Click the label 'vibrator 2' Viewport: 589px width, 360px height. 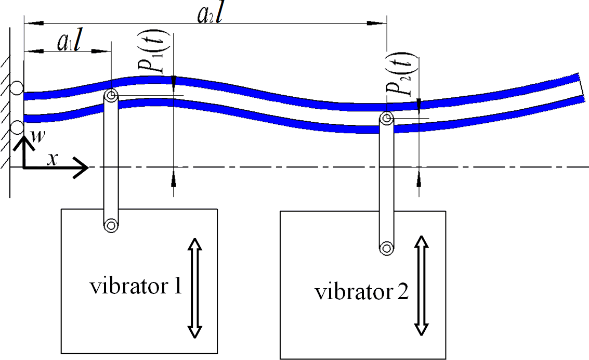coord(361,292)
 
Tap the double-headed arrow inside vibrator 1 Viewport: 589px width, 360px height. coord(194,288)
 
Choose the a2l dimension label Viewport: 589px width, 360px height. coord(210,16)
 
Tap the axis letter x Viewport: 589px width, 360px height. coord(51,159)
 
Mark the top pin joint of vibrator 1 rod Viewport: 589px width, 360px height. coord(111,96)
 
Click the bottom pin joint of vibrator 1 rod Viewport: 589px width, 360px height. coord(111,225)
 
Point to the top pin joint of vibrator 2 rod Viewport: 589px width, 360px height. coord(385,119)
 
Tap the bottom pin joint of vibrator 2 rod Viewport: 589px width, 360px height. coord(385,248)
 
